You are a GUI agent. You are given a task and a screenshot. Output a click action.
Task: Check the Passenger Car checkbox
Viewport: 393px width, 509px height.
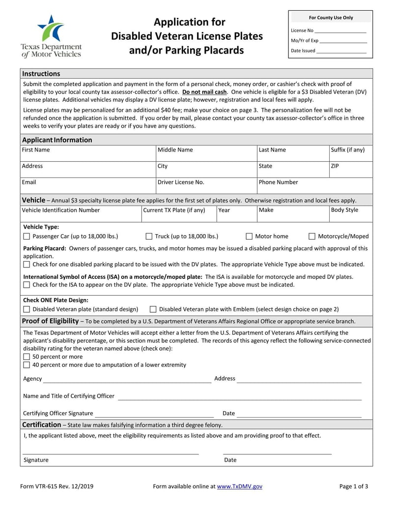[x=27, y=237]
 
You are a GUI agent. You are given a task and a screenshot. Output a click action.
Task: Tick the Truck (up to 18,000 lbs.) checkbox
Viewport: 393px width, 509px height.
[x=149, y=237]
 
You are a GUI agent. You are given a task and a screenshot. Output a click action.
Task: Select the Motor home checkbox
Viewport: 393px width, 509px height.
[x=249, y=237]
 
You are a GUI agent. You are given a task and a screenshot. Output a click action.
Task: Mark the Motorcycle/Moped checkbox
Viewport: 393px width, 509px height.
[x=312, y=237]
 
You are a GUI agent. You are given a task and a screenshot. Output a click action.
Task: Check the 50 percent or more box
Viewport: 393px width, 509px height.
[x=27, y=357]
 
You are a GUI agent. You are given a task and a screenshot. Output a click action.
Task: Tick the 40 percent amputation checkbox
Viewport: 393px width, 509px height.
[x=27, y=365]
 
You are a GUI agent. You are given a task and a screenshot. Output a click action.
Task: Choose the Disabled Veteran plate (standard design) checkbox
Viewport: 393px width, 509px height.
[x=27, y=309]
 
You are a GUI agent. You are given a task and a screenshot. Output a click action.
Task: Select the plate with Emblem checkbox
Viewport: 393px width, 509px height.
[x=153, y=309]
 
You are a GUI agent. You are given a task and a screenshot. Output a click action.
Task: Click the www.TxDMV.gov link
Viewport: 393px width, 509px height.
[x=240, y=486]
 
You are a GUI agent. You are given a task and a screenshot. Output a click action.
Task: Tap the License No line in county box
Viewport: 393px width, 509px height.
[x=341, y=31]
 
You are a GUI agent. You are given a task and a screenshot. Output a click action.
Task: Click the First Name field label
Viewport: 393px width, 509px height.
[x=36, y=150]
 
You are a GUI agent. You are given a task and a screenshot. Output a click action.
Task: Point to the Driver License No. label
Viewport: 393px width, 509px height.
[x=180, y=182]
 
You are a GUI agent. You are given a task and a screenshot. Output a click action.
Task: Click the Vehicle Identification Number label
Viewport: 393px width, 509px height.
[x=61, y=210]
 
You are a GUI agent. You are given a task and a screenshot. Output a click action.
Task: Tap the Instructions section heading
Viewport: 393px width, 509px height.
[x=41, y=74]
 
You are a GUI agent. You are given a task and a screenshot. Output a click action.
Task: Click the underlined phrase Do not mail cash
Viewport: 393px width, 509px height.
[x=204, y=92]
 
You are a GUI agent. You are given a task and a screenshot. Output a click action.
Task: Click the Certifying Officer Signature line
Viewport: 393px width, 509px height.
[x=154, y=414]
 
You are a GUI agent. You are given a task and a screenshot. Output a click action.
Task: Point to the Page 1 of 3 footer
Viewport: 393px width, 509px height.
[x=354, y=486]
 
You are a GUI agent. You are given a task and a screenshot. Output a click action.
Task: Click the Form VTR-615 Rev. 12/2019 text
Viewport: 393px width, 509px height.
[x=57, y=486]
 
